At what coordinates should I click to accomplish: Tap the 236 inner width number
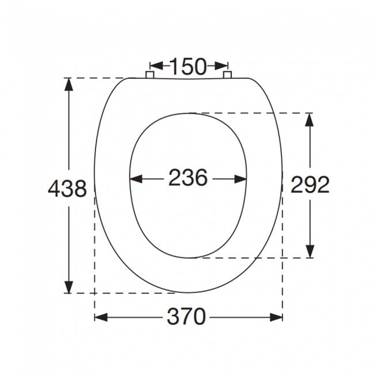click(188, 178)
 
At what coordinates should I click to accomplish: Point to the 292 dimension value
click(310, 184)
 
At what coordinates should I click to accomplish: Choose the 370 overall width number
click(187, 317)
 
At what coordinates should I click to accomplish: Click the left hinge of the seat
click(150, 75)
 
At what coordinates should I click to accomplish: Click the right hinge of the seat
click(227, 75)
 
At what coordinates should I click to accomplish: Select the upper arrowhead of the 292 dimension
click(310, 120)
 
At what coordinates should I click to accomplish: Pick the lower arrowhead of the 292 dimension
click(310, 251)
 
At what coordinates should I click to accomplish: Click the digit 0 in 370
click(199, 317)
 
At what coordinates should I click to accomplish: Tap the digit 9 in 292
click(310, 184)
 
